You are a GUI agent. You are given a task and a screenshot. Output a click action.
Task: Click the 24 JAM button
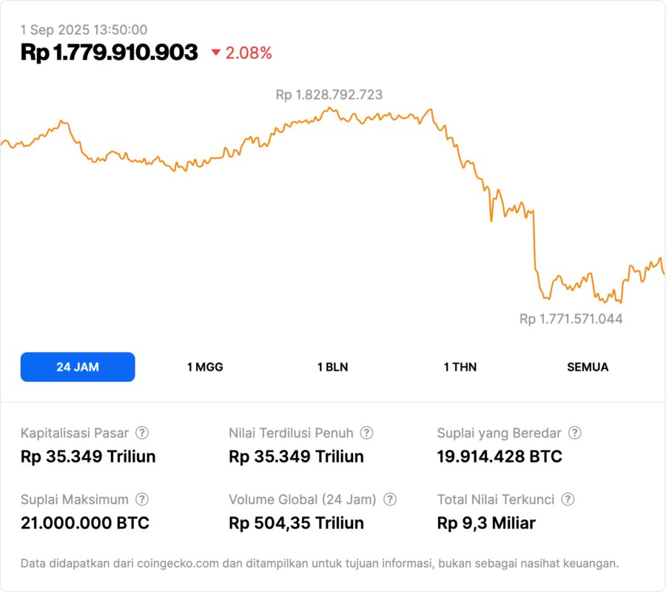(x=78, y=367)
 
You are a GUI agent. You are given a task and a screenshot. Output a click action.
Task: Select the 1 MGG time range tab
(x=205, y=367)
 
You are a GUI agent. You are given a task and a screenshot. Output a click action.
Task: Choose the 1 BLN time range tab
(x=332, y=367)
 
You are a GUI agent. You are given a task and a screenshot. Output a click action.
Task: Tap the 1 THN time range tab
(x=460, y=367)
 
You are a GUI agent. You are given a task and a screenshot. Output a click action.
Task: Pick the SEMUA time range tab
(x=588, y=367)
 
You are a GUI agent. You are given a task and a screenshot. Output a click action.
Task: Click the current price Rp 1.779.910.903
(x=110, y=53)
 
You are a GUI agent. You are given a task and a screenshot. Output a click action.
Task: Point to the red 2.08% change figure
(x=249, y=53)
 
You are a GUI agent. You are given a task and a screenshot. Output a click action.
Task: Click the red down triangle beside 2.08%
(x=216, y=53)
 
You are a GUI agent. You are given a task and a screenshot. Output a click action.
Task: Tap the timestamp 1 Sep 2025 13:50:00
(x=84, y=30)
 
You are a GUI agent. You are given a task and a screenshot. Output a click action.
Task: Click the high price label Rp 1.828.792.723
(x=329, y=95)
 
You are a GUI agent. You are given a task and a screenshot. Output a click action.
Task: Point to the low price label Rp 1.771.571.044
(x=571, y=319)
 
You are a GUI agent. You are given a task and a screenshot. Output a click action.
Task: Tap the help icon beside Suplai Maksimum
(x=142, y=499)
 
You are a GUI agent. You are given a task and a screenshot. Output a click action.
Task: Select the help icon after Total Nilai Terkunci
(x=568, y=499)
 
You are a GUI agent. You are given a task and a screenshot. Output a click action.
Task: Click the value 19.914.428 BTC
(x=499, y=457)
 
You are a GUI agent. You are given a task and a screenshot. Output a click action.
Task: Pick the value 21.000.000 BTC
(x=85, y=523)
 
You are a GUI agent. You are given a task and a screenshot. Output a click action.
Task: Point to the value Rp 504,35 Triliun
(x=296, y=523)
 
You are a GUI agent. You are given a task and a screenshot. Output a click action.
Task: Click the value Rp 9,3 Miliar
(x=486, y=523)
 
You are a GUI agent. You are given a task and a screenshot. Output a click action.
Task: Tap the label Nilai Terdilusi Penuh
(x=291, y=433)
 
